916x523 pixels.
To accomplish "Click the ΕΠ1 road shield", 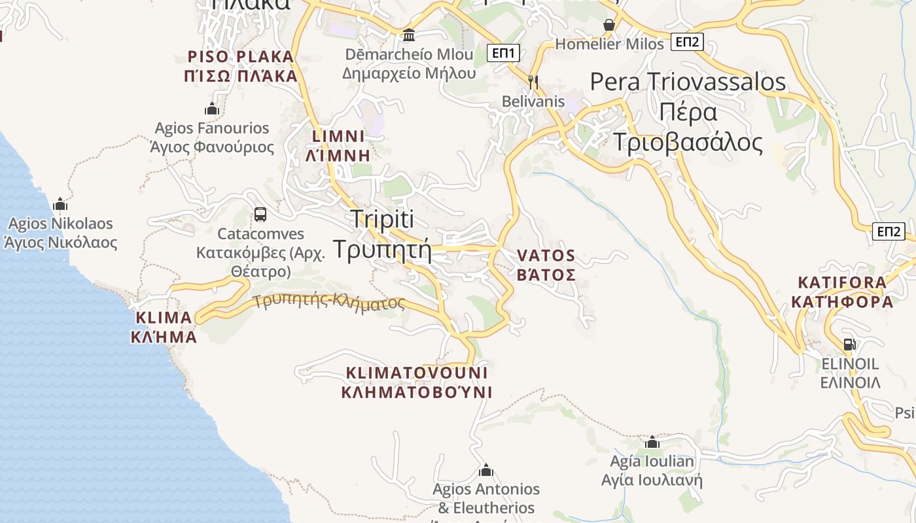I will point(503,53).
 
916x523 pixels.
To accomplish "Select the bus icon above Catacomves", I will point(260,214).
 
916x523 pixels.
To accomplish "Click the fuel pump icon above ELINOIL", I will point(849,344).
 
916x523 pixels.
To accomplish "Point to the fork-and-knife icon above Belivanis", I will point(533,82).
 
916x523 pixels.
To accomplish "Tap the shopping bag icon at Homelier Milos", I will point(609,25).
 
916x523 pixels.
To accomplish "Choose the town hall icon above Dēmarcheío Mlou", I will point(409,35).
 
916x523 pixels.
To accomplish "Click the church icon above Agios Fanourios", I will point(211,108).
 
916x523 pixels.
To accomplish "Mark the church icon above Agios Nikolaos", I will point(60,203).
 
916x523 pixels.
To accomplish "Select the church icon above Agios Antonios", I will point(486,470).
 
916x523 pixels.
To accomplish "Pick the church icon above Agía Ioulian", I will point(652,442).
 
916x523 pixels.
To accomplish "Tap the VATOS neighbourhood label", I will point(546,265).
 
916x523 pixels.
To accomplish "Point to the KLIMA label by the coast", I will point(164,328).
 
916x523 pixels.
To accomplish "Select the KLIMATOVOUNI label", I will point(417,382).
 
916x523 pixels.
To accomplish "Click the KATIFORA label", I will point(842,292).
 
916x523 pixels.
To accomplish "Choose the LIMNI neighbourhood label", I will point(338,146).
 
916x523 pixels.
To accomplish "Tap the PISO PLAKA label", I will point(242,66).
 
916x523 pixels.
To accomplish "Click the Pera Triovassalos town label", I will point(688,112).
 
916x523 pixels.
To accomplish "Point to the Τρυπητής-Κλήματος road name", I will point(329,302).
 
